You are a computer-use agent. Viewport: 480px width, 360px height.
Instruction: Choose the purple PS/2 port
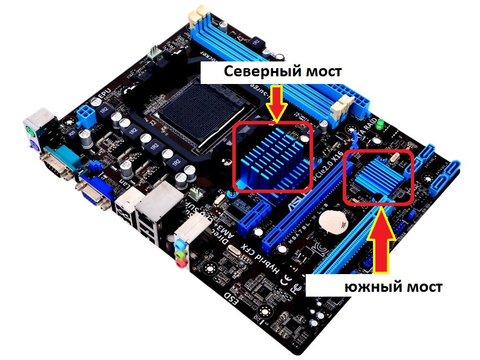tap(33, 144)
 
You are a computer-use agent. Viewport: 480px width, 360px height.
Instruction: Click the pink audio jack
tap(181, 262)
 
